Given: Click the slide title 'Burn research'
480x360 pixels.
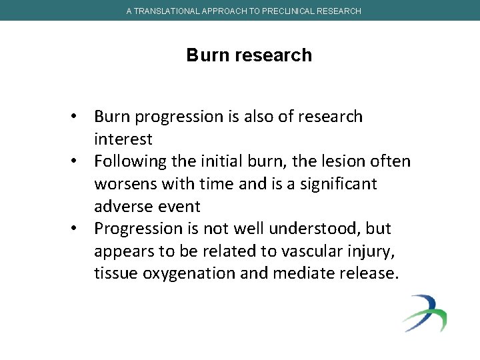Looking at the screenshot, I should pyautogui.click(x=249, y=55).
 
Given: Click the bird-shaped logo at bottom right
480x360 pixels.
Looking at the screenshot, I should pyautogui.click(x=424, y=313).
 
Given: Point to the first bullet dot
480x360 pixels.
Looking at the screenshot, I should pyautogui.click(x=78, y=117).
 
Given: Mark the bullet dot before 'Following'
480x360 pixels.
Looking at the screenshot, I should pyautogui.click(x=78, y=162).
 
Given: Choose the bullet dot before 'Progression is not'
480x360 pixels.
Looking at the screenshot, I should pyautogui.click(x=78, y=229).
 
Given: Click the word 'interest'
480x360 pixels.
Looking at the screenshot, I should pyautogui.click(x=123, y=139).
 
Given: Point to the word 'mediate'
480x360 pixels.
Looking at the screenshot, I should pyautogui.click(x=305, y=273).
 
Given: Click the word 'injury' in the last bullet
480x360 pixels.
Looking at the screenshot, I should pyautogui.click(x=366, y=251).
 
